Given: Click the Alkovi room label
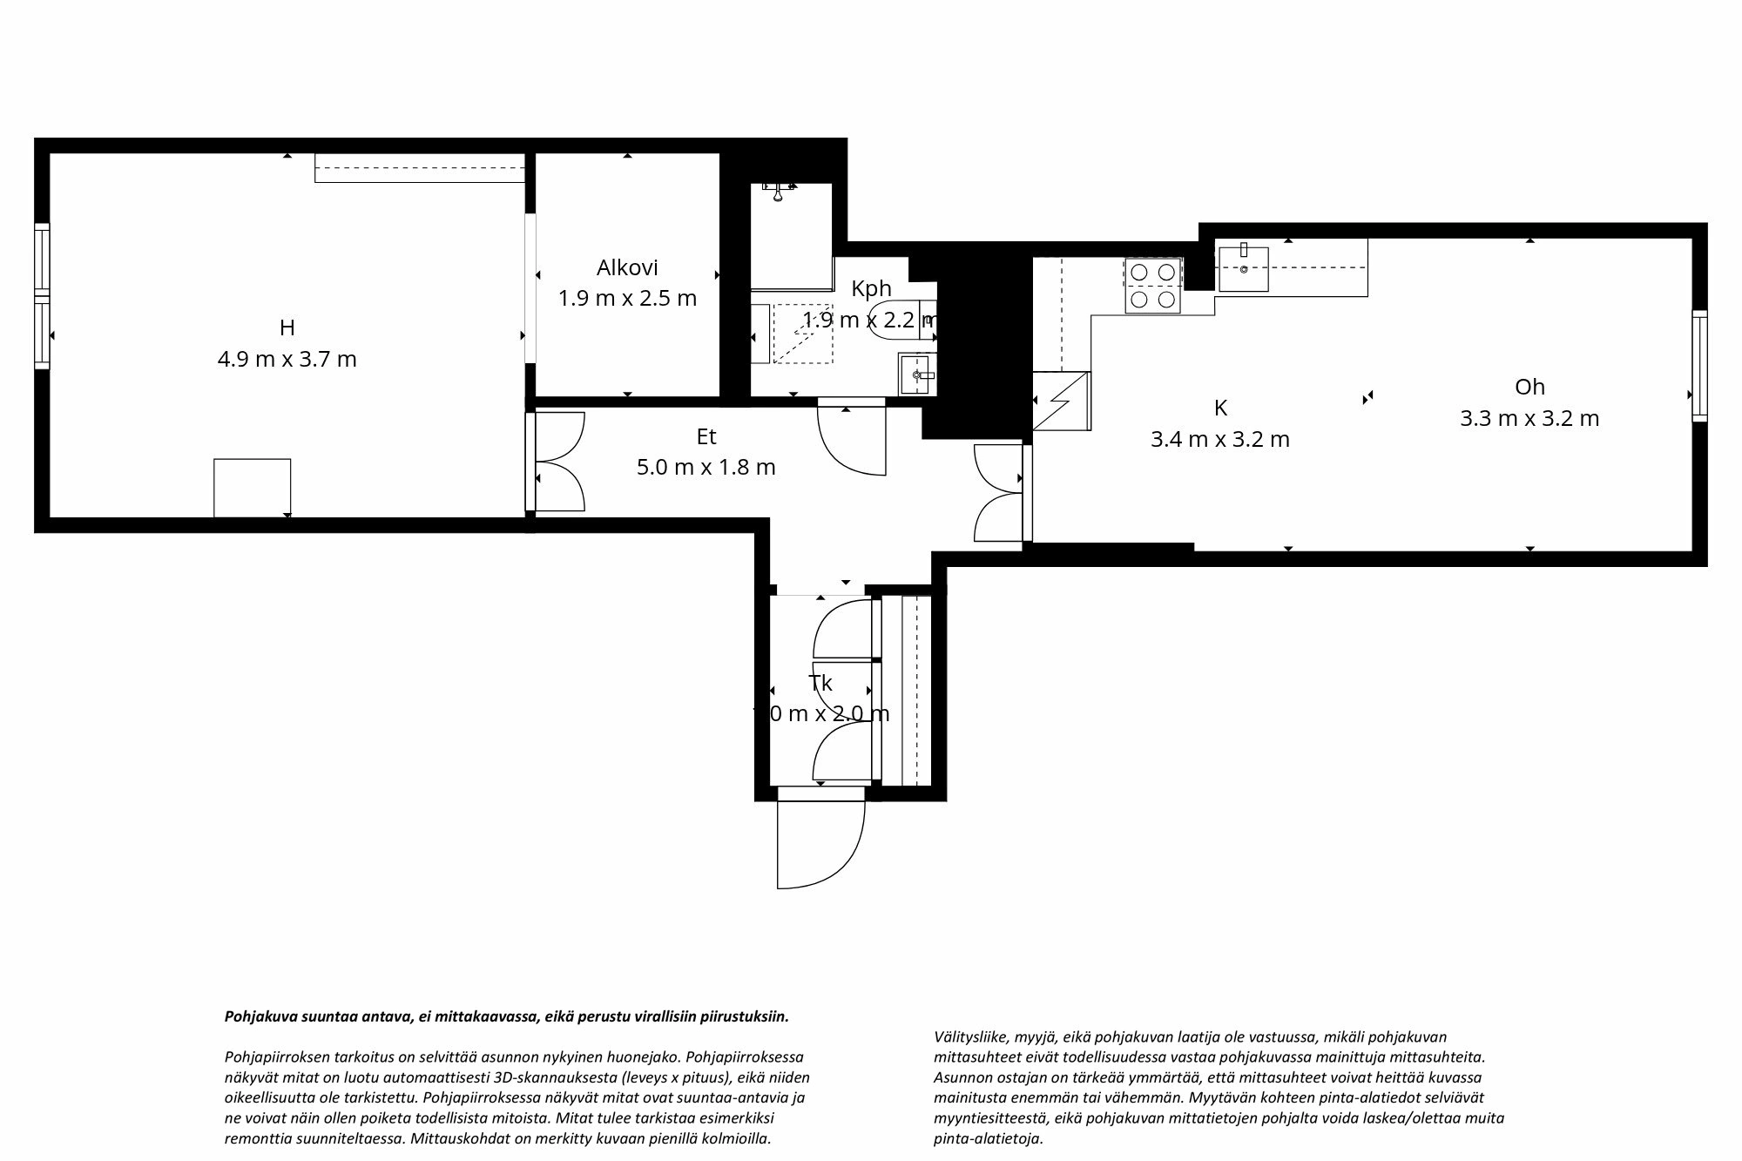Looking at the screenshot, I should tap(626, 267).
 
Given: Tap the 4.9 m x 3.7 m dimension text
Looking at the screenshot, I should tap(287, 359).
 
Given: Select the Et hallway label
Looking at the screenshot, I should tap(706, 435).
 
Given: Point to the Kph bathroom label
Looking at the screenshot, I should tap(871, 288).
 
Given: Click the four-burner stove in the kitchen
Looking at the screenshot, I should tap(1153, 285).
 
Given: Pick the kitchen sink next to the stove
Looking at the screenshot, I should tap(1243, 268).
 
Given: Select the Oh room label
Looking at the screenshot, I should tap(1529, 387).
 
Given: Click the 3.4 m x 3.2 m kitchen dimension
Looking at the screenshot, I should tap(1219, 439).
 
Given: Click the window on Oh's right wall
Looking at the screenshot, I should tap(1699, 366).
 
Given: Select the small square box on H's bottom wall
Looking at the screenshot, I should tap(252, 488).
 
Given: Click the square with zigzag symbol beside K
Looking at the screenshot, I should tap(1061, 401).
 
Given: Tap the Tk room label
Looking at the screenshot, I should tap(820, 683).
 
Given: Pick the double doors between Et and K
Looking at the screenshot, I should tap(1000, 492).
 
